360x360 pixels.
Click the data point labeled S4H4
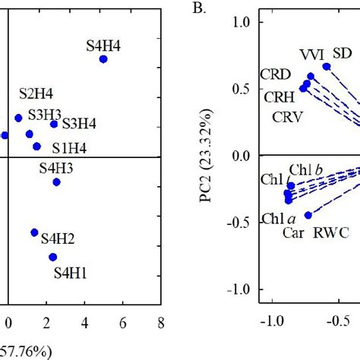tap(103, 59)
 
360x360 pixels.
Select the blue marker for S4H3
tap(56, 182)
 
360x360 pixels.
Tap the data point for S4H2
tap(34, 232)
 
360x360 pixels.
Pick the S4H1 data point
tap(52, 257)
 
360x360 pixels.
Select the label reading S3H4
tap(79, 123)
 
